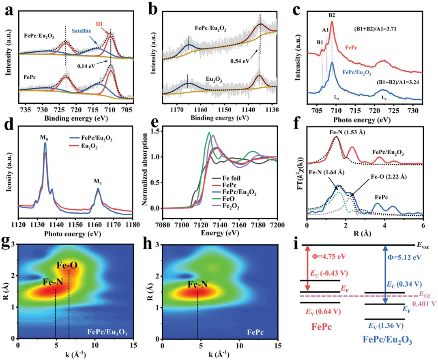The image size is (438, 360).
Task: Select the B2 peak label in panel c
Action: (332, 15)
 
